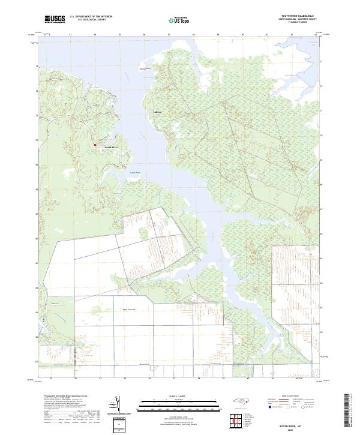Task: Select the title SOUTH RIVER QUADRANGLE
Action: pos(298,17)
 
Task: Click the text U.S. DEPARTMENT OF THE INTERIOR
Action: pos(91,17)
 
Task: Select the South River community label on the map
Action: pos(112,148)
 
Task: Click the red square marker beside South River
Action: pos(94,145)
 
